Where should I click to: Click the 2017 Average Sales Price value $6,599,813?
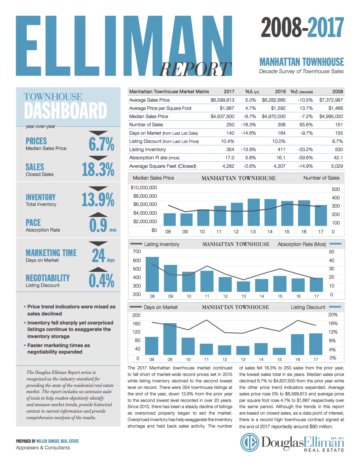pyautogui.click(x=222, y=100)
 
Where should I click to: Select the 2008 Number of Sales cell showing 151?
pyautogui.click(x=339, y=125)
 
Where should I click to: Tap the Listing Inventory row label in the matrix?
pyautogui.click(x=147, y=149)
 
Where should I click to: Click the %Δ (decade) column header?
pyautogui.click(x=302, y=92)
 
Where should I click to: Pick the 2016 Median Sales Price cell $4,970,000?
pyautogui.click(x=274, y=116)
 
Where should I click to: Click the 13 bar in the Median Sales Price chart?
pyautogui.click(x=254, y=212)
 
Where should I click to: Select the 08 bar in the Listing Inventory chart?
pyautogui.click(x=152, y=274)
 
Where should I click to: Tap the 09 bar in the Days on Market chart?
pyautogui.click(x=170, y=339)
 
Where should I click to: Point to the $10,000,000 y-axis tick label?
pyautogui.click(x=144, y=188)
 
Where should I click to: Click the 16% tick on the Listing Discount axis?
pyautogui.click(x=333, y=323)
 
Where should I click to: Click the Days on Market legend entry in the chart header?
pyautogui.click(x=154, y=307)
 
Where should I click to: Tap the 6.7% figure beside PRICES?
pyautogui.click(x=101, y=144)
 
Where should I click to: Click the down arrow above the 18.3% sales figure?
pyautogui.click(x=98, y=158)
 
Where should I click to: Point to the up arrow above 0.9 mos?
pyautogui.click(x=98, y=215)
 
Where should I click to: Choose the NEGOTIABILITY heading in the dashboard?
pyautogui.click(x=48, y=278)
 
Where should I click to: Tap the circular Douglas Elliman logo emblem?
pyautogui.click(x=250, y=442)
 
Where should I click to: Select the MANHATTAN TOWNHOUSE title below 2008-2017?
pyautogui.click(x=302, y=62)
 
